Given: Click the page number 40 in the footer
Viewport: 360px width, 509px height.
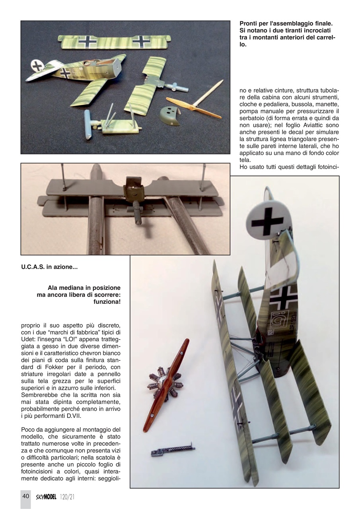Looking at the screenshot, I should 25,496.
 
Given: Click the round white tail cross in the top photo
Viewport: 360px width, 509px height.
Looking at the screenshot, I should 38,66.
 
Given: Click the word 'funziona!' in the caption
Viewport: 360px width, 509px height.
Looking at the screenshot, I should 106,302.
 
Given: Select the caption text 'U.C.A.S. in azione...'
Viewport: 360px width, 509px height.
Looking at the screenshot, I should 49,267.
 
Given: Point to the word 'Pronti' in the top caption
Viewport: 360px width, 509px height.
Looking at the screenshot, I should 250,24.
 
